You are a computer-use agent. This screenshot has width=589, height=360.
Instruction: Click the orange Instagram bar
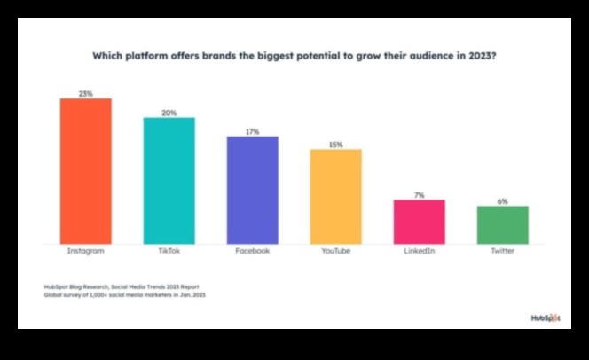pos(85,170)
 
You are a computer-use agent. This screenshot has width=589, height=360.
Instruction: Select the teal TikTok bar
pos(169,180)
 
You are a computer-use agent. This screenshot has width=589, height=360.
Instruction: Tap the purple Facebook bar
pos(252,190)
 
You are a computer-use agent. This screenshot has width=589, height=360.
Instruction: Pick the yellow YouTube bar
pos(335,196)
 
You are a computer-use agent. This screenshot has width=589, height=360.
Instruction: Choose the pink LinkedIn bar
pos(419,221)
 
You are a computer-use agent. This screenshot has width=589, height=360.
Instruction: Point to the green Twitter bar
pos(502,224)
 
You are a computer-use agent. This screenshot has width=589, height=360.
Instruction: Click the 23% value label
pos(85,92)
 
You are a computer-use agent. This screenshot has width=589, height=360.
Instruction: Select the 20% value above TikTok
pos(169,112)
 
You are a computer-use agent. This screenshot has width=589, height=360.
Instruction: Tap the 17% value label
pos(252,130)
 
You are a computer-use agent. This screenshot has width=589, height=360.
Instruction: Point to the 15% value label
pos(335,144)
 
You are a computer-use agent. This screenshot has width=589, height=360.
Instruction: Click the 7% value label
pos(419,194)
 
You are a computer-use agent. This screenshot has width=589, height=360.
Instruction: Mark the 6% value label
pos(502,200)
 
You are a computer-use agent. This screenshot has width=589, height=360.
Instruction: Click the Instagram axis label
pos(85,252)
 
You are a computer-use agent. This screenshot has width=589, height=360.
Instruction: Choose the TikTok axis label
pos(169,252)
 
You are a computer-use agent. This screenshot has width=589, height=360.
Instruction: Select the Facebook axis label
pos(252,252)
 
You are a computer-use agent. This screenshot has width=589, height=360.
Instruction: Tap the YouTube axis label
pos(335,252)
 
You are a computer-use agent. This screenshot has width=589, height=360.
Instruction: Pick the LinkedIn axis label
pos(419,252)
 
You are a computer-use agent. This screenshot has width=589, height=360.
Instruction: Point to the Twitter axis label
pos(502,252)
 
